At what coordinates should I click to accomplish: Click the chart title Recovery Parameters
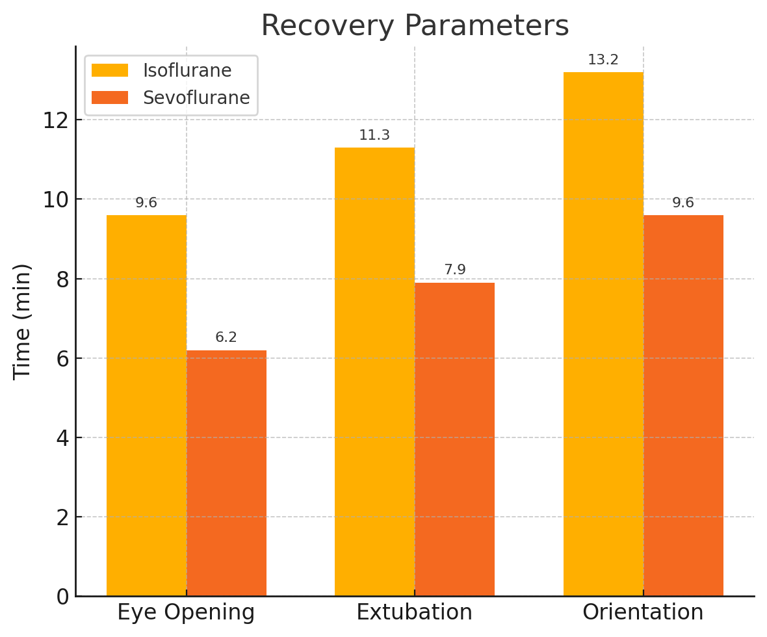[415, 26]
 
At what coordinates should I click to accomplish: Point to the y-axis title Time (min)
[22, 321]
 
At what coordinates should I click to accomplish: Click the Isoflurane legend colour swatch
[110, 70]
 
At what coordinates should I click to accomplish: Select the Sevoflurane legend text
[196, 98]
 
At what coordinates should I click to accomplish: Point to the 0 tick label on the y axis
[62, 597]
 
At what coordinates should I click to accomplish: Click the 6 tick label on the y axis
[62, 358]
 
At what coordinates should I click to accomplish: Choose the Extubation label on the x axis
[415, 613]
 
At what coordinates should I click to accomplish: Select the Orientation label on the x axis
[643, 613]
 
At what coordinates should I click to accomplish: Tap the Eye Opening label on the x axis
[186, 613]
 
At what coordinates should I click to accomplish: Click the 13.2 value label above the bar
[603, 60]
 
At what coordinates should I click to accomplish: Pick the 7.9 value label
[454, 270]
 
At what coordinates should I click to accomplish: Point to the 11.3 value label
[374, 136]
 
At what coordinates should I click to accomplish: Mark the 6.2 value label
[226, 338]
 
